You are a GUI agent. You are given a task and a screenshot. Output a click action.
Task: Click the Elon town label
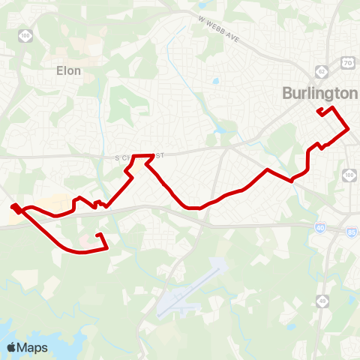tap(68, 70)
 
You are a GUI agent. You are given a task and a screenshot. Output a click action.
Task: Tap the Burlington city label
tap(320, 93)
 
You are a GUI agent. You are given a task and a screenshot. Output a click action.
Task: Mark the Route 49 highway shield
tap(322, 280)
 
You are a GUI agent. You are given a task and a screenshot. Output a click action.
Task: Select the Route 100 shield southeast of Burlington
tap(350, 175)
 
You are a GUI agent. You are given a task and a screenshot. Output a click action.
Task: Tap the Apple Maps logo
tap(27, 347)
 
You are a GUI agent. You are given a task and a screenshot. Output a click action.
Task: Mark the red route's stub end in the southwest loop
tap(97, 235)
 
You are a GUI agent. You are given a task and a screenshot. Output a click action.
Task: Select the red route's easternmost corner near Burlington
tap(349, 130)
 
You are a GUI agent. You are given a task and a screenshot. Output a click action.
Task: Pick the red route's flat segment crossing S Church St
tap(143, 156)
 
